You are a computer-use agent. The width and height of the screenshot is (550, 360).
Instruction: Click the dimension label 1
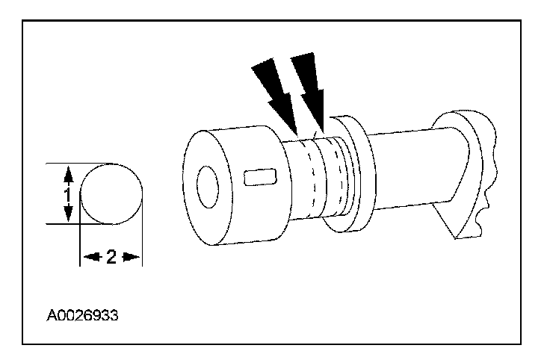pos(67,193)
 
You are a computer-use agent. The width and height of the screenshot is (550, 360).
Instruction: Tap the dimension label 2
pos(111,256)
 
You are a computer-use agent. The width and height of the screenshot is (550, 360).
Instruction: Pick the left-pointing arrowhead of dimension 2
pos(88,256)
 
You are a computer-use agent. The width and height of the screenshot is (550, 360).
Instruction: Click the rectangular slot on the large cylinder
pos(259,177)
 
